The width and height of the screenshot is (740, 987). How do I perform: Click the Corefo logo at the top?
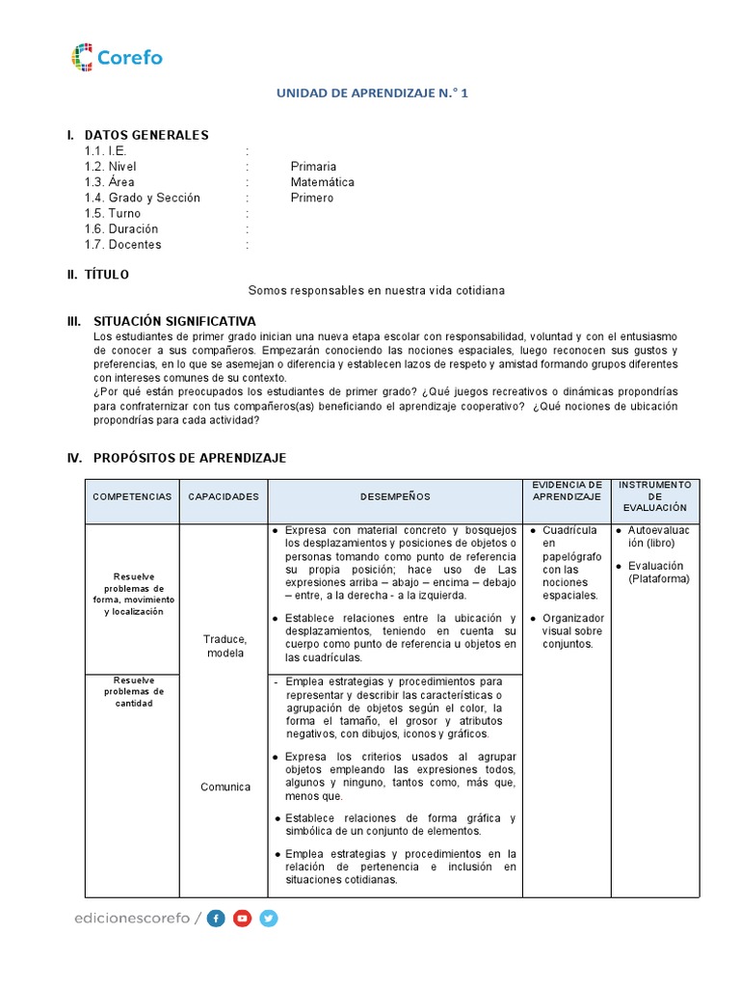117,57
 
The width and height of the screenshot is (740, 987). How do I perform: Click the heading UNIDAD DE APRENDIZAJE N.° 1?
372,93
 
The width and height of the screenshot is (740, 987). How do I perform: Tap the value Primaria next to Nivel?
313,167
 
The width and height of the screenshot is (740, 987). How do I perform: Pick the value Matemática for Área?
322,182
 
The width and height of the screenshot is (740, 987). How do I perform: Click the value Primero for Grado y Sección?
312,198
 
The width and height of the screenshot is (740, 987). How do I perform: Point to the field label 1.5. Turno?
112,213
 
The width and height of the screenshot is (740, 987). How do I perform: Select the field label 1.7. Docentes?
122,245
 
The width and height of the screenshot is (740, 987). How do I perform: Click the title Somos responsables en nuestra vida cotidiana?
377,290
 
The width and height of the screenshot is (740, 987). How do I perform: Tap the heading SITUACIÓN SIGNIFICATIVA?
174,320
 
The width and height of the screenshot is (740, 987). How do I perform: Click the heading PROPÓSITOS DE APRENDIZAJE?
189,458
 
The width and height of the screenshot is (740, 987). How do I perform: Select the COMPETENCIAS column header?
132,496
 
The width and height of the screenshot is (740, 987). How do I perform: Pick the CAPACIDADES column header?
224,496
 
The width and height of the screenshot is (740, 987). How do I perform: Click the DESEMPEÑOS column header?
395,496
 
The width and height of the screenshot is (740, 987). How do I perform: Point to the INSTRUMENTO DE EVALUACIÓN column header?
655,495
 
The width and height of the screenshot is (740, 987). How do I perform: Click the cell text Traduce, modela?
225,646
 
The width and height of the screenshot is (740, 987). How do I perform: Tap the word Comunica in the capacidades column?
225,787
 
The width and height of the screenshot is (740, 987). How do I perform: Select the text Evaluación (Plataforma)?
658,572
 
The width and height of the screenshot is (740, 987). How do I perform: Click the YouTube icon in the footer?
243,919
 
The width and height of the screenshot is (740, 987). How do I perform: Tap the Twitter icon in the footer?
269,919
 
